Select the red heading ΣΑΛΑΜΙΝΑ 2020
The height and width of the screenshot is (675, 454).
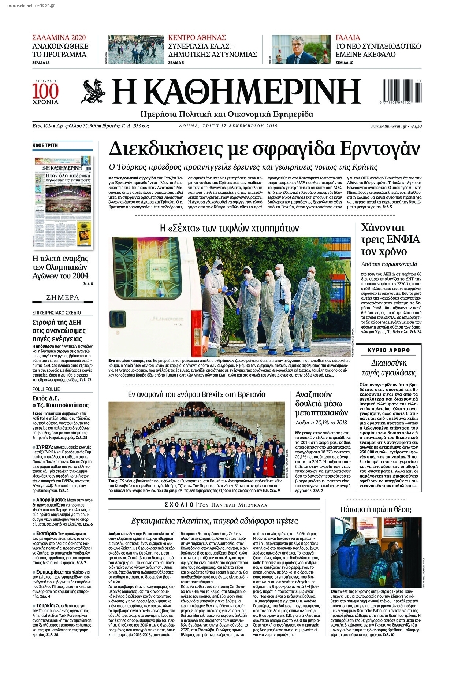point(59,37)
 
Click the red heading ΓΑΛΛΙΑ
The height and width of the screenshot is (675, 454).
point(348,37)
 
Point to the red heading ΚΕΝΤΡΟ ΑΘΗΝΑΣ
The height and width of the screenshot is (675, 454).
point(197,37)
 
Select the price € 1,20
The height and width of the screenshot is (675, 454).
point(416,126)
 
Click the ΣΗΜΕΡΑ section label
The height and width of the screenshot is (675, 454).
point(63,297)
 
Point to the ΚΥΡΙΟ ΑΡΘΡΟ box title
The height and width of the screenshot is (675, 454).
point(389,350)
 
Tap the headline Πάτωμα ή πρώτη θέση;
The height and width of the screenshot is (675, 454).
point(376,509)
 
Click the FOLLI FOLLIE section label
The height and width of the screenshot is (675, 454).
point(46,389)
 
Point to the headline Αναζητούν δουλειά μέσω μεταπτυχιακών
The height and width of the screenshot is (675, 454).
point(321,403)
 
